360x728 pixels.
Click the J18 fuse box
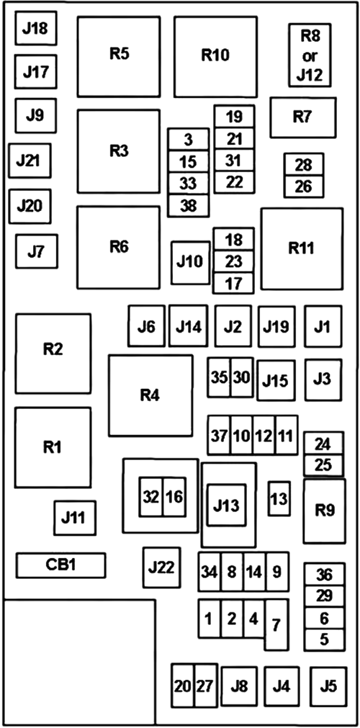(x=36, y=28)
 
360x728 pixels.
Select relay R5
(x=119, y=57)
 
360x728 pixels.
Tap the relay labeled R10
(x=215, y=57)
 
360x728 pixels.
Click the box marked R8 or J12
(x=310, y=55)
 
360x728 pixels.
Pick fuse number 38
(x=188, y=206)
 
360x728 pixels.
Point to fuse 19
(x=234, y=117)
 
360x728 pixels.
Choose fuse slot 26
(x=305, y=187)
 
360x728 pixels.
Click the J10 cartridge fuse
(x=190, y=262)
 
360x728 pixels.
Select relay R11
(x=302, y=249)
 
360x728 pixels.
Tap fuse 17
(x=233, y=283)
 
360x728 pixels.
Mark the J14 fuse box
(x=188, y=326)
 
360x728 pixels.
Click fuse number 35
(x=220, y=377)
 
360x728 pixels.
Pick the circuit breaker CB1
(x=61, y=565)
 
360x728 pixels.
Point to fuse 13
(x=279, y=498)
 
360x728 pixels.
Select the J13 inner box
(x=227, y=505)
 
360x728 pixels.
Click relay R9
(x=325, y=511)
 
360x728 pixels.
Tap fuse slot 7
(x=276, y=624)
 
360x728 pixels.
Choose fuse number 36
(x=324, y=575)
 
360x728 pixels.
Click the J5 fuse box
(x=329, y=687)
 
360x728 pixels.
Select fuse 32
(x=151, y=498)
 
